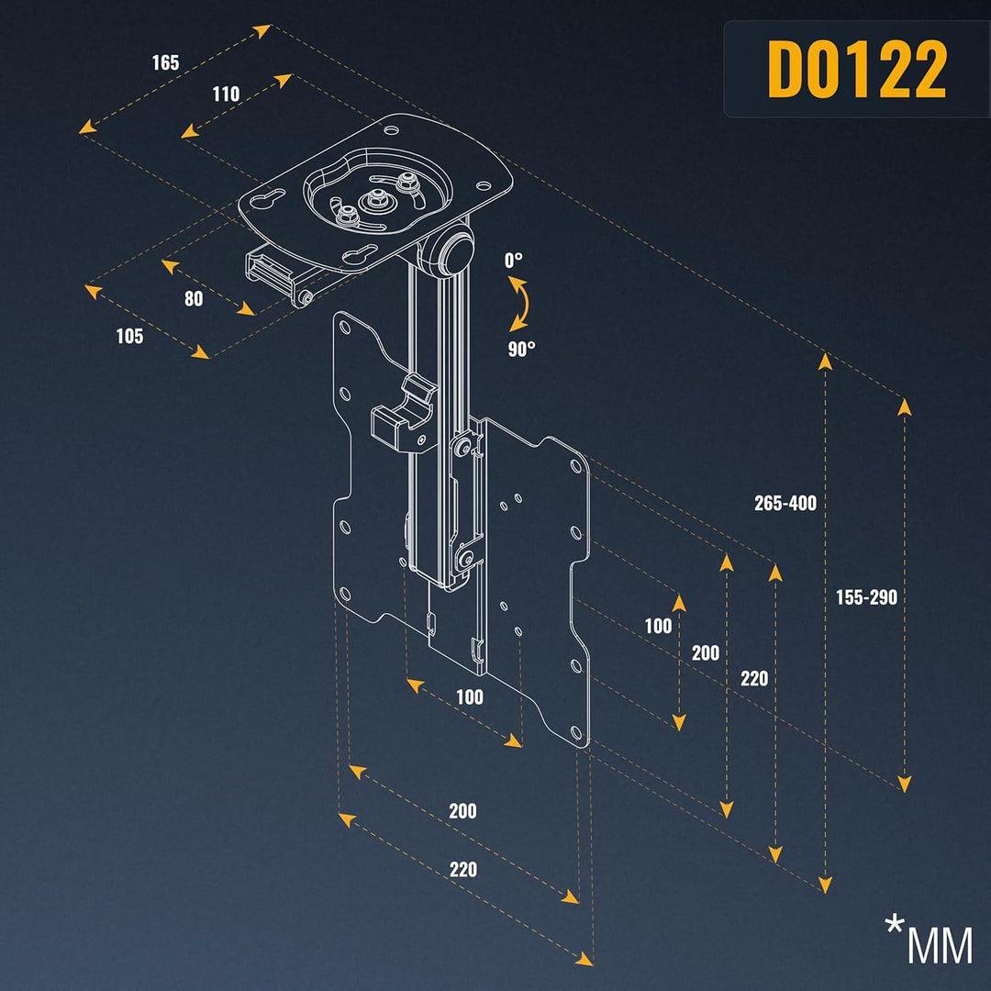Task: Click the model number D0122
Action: [857, 70]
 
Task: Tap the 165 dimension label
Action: [165, 62]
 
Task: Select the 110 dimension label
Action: [226, 95]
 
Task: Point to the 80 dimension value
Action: [194, 298]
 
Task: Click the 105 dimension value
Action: [129, 336]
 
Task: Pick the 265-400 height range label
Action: [785, 503]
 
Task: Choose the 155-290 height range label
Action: [866, 597]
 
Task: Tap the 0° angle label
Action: [514, 260]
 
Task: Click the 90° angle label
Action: [521, 349]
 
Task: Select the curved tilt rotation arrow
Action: [520, 304]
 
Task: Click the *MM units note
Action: [929, 941]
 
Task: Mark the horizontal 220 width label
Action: [463, 869]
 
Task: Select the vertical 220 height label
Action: [754, 679]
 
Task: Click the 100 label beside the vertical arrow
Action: [658, 626]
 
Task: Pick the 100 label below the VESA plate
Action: [470, 696]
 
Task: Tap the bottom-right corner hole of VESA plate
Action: [575, 733]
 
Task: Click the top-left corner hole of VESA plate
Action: [344, 327]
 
